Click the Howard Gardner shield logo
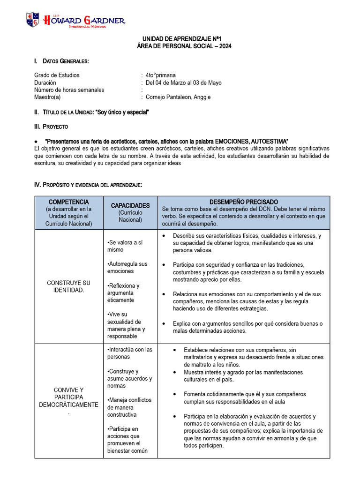(x=32, y=20)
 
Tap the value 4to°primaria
(x=161, y=75)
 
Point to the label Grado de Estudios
(x=57, y=75)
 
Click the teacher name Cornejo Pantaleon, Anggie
(x=178, y=97)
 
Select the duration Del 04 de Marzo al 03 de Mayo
(x=183, y=82)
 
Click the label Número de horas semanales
(x=69, y=90)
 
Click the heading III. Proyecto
(x=51, y=127)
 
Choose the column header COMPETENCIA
(x=69, y=202)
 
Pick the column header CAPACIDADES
(x=130, y=205)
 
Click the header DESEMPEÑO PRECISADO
(x=243, y=202)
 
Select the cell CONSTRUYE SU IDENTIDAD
(x=69, y=286)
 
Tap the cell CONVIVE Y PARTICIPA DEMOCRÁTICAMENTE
(x=69, y=397)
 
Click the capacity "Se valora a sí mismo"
(x=126, y=246)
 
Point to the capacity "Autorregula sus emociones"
(x=127, y=267)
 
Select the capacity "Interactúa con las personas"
(x=129, y=353)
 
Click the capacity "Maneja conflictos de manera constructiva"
(x=129, y=407)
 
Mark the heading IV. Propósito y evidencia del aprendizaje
(x=88, y=185)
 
